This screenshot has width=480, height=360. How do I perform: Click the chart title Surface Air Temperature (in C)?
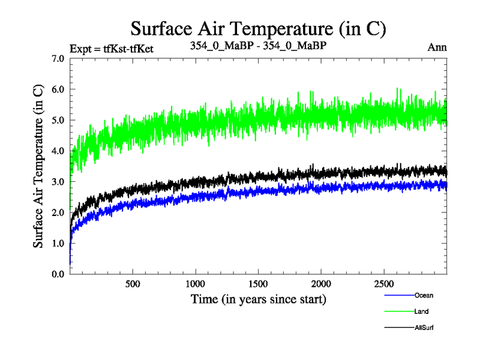point(258,28)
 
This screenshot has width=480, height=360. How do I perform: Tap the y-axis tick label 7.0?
point(60,59)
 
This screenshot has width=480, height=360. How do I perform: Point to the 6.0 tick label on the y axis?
point(60,89)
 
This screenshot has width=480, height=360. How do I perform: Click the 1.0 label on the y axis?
point(60,243)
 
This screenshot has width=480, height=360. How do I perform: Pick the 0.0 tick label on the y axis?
point(60,274)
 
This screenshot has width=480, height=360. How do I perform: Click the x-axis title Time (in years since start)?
point(259,298)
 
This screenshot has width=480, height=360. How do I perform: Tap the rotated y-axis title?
point(38,166)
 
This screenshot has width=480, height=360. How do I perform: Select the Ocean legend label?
point(424,295)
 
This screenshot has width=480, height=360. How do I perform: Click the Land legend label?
point(421,311)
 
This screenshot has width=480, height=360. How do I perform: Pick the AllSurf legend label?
point(424,328)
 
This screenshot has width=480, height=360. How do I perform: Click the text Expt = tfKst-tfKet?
point(112,49)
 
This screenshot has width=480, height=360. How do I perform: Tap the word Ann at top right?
point(437,47)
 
